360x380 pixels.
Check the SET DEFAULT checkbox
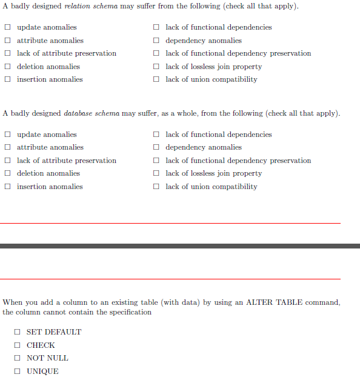coord(18,332)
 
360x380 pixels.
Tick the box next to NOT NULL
coord(18,358)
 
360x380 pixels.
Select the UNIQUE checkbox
coord(18,372)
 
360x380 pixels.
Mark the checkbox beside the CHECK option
coord(18,345)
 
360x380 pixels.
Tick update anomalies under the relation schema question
coord(8,27)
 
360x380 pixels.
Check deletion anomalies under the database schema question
coord(8,173)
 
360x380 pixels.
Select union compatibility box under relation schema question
coord(156,79)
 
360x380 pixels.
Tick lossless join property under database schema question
coord(156,173)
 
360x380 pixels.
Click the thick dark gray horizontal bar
coord(180,246)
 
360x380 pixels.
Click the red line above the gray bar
coord(170,223)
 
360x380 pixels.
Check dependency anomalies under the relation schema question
coord(156,41)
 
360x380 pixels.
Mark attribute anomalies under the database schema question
coord(8,147)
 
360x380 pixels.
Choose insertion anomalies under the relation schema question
coord(8,79)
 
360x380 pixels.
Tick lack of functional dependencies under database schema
coord(156,135)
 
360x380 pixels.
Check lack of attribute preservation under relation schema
coord(8,53)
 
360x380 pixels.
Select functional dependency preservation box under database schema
coord(156,161)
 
